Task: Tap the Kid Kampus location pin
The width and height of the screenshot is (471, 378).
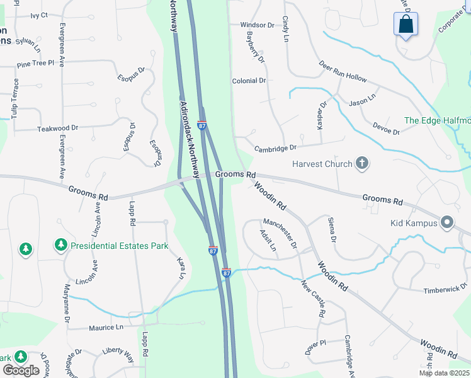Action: tap(447, 222)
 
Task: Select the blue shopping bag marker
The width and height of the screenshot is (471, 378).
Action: tap(406, 25)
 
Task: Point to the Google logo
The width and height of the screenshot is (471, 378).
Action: tap(21, 370)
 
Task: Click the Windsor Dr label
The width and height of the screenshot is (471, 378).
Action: tap(258, 25)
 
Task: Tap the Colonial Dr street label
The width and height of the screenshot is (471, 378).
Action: tap(249, 81)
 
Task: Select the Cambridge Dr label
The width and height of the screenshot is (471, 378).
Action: tap(275, 148)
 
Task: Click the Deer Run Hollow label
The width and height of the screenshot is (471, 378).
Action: tap(343, 71)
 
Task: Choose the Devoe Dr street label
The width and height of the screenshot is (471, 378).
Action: tap(386, 128)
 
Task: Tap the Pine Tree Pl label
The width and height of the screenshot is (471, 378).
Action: tap(36, 64)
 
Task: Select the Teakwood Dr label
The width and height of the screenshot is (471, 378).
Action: tap(57, 128)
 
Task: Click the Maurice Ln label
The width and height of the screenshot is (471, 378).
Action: tap(106, 328)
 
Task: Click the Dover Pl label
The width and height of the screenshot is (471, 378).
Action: tap(315, 347)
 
